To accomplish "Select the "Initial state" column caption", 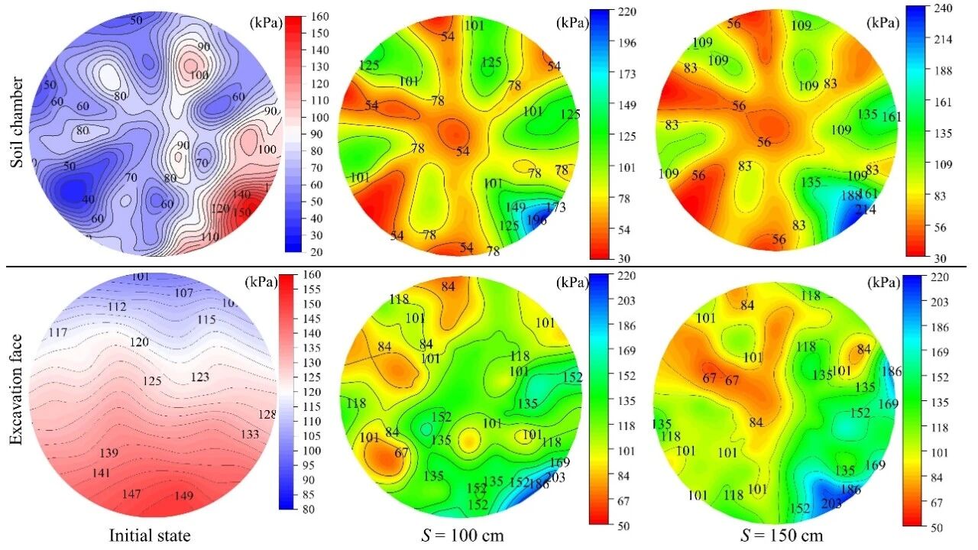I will [150, 535].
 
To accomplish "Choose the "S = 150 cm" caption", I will [782, 535].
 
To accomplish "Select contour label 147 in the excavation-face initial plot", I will [131, 494].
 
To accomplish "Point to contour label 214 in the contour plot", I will [865, 209].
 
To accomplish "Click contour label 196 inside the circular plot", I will [536, 220].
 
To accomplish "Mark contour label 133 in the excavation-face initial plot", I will [250, 435].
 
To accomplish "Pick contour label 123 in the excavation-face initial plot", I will [199, 377].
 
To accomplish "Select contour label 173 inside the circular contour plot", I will [555, 207].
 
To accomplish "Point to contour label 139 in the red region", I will [109, 454].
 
